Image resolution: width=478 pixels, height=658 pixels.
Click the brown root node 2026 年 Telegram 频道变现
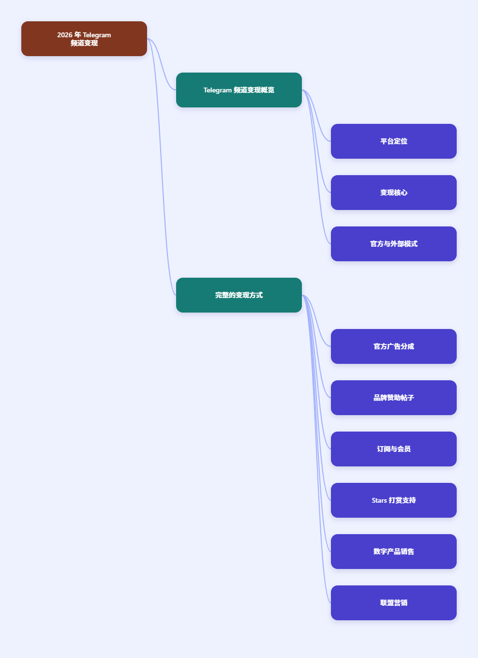point(84,39)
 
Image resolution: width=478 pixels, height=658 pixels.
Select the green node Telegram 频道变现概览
point(239,90)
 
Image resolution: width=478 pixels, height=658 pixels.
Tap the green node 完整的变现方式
point(239,295)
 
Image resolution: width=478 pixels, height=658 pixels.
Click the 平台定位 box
point(394,141)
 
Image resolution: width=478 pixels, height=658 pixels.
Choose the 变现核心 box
point(394,193)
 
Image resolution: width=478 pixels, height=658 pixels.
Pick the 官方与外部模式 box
point(394,244)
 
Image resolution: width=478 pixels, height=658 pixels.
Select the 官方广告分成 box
point(394,346)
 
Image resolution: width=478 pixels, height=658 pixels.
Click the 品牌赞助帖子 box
point(394,398)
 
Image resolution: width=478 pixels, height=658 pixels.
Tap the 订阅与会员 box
point(394,449)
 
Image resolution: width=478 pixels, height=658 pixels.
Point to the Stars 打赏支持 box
point(394,500)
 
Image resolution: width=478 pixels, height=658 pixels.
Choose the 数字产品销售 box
point(394,552)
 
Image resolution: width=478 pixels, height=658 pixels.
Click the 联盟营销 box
point(394,603)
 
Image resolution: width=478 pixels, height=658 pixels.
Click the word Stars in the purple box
point(379,500)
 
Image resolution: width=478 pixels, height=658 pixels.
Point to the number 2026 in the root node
point(65,35)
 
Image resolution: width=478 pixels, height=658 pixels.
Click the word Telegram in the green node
point(217,90)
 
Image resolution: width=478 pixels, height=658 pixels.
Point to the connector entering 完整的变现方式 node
point(161,167)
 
